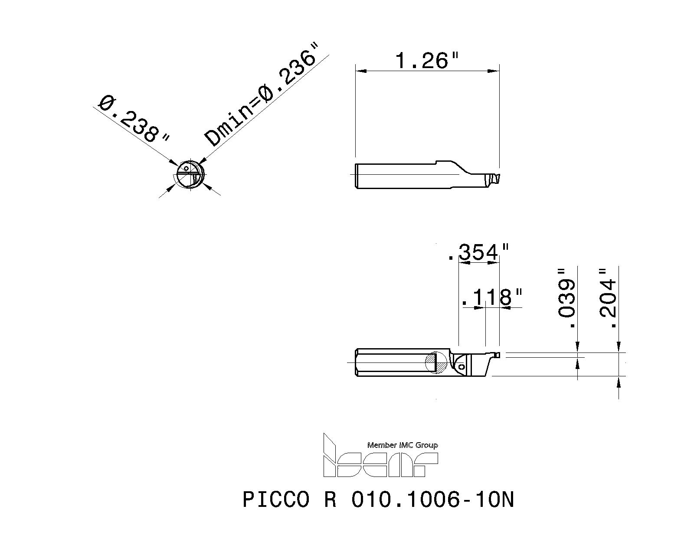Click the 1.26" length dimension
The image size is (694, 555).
click(x=427, y=61)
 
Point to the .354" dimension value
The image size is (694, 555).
click(x=478, y=253)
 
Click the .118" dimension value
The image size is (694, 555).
click(x=491, y=298)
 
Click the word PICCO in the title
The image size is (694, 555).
click(x=276, y=500)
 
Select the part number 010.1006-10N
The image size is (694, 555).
click(x=432, y=500)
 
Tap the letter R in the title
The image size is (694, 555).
click(x=330, y=500)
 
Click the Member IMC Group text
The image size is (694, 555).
click(x=402, y=445)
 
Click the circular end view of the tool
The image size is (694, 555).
click(x=189, y=176)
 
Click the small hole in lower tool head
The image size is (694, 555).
click(x=462, y=367)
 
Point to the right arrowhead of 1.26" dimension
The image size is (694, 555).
click(x=494, y=71)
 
